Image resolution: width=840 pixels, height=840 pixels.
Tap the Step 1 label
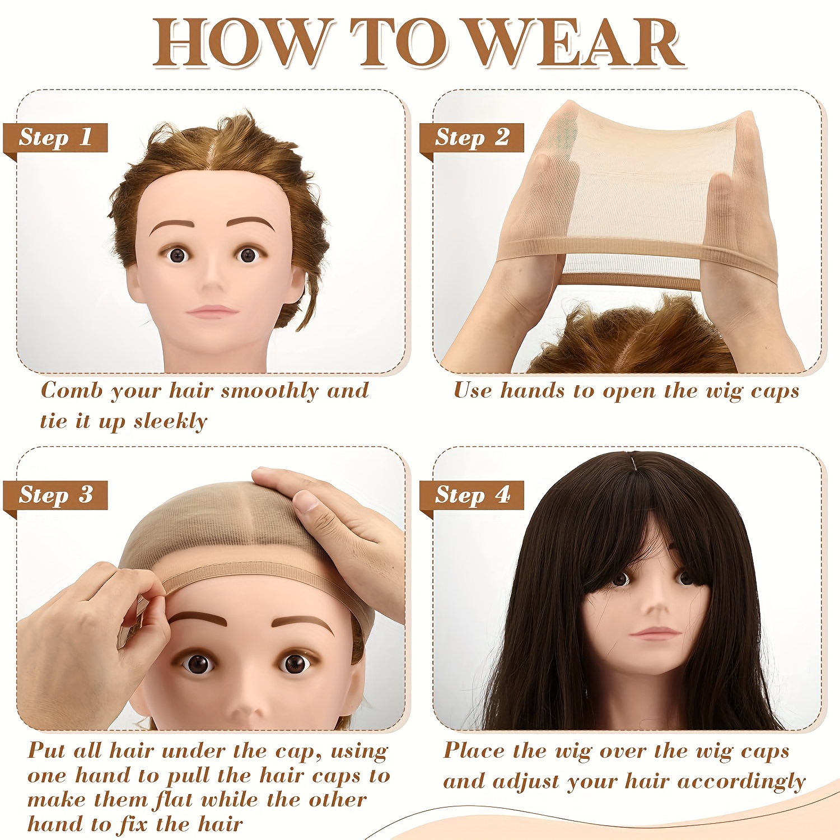point(55,138)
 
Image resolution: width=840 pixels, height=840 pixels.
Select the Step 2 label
point(472,138)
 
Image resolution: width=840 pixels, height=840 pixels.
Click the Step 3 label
point(55,495)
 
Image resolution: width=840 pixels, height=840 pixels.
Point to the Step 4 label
point(472,495)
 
